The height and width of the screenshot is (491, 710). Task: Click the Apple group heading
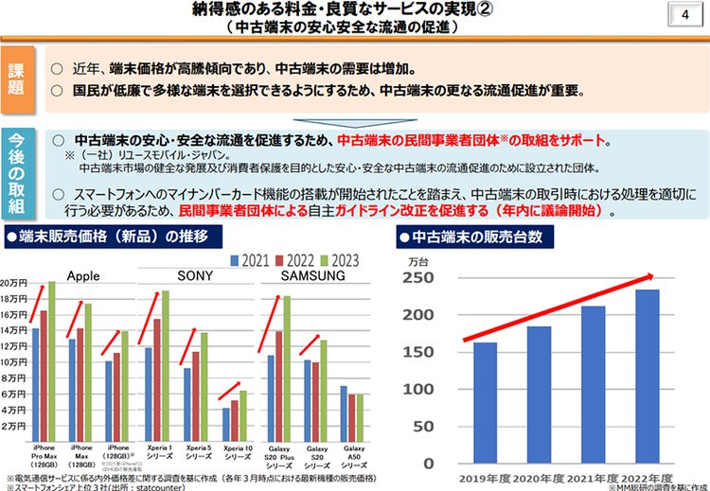click(x=83, y=275)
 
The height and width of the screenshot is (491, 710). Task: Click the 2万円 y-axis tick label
click(x=15, y=427)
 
